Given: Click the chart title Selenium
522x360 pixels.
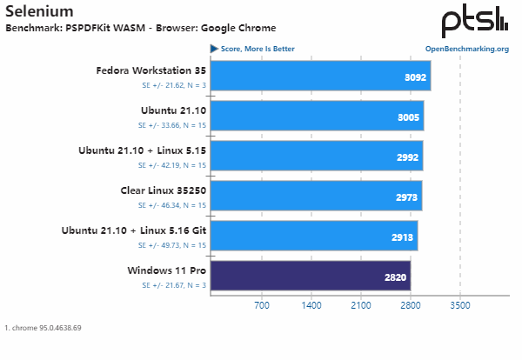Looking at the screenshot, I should (39, 11).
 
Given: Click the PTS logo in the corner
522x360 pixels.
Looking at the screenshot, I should (473, 21).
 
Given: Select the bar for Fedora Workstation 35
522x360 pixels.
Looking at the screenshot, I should (320, 76).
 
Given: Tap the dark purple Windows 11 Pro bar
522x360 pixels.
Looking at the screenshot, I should (310, 276).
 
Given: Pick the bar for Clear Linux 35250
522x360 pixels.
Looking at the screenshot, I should (316, 196).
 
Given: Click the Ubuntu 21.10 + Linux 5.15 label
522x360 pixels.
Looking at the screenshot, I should (142, 150).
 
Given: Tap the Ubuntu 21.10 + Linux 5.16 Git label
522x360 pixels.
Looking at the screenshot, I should (134, 230).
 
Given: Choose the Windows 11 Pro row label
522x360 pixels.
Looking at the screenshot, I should (166, 270).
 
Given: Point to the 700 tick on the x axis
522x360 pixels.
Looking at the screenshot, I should (261, 306).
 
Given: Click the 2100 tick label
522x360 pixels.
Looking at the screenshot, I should (360, 306).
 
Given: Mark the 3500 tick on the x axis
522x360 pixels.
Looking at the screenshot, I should (460, 306).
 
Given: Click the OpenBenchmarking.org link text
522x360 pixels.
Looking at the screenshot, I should (466, 49).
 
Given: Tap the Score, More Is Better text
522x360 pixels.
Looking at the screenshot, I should (257, 49).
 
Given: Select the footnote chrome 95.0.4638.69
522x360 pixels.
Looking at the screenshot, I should (43, 328).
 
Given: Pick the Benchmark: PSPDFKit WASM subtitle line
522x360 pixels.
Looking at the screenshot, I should (140, 28).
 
